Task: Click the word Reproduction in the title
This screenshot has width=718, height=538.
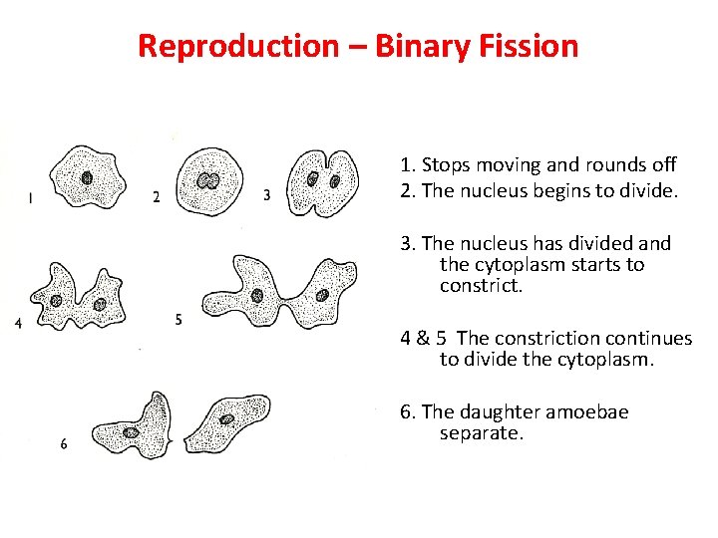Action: tap(237, 46)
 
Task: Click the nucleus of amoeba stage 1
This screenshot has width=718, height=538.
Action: tap(88, 179)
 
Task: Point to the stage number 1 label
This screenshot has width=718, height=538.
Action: tap(31, 198)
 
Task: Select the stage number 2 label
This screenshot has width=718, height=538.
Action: tap(156, 197)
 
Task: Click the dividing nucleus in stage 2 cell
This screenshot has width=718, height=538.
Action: tap(208, 181)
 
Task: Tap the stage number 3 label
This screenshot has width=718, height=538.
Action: tap(266, 196)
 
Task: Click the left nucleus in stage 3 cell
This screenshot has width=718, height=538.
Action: tap(313, 180)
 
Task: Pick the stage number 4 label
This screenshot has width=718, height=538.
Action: tap(19, 324)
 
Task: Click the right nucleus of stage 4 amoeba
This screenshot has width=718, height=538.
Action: tap(99, 303)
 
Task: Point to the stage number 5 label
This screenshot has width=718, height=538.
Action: tap(178, 320)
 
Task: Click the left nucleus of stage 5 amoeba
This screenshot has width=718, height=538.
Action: tap(257, 296)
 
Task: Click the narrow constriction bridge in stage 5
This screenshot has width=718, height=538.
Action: tap(291, 305)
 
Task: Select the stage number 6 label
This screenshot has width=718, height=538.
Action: tap(64, 444)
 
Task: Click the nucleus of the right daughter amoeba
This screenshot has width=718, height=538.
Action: tap(227, 419)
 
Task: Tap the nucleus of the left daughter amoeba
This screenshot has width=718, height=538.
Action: tap(132, 432)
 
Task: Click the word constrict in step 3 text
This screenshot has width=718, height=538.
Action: tap(481, 287)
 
